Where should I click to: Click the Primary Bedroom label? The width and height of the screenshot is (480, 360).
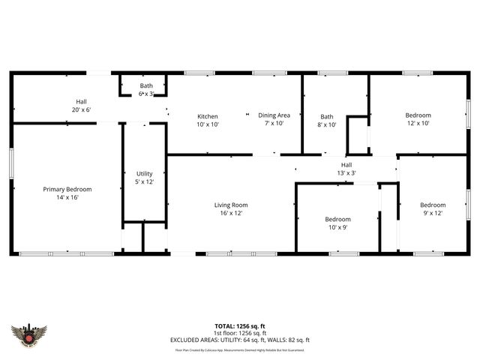click(67, 189)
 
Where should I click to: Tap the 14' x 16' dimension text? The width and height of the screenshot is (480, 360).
click(67, 198)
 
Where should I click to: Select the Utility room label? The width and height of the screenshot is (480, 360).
click(144, 173)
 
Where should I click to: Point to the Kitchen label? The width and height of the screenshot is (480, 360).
click(207, 116)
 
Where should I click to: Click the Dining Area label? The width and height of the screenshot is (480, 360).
click(274, 115)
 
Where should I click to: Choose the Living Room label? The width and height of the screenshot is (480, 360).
click(231, 205)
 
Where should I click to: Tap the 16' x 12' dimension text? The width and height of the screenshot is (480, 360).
click(231, 214)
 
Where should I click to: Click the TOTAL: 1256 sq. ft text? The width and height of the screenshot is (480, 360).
click(240, 326)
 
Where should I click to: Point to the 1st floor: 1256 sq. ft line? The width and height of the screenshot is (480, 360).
click(240, 333)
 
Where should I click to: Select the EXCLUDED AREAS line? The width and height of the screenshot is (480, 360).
click(240, 340)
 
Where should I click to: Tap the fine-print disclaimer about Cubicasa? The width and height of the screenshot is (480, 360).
click(240, 349)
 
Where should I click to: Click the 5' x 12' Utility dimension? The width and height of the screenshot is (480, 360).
click(144, 182)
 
